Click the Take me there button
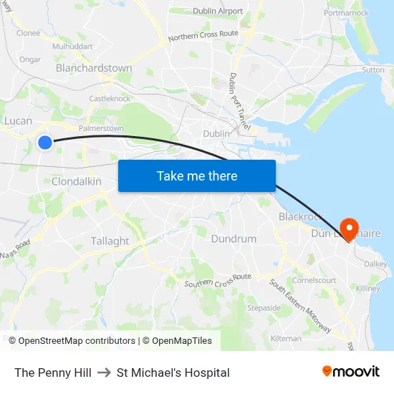click(196, 176)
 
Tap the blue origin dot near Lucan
click(45, 143)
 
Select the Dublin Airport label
click(218, 11)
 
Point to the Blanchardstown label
click(94, 68)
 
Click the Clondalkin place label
click(76, 182)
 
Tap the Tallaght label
click(110, 241)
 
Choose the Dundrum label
click(234, 239)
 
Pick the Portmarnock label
click(346, 13)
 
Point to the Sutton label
click(373, 70)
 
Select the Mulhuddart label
click(73, 46)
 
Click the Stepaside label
click(264, 308)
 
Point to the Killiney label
click(368, 289)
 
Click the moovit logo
click(350, 372)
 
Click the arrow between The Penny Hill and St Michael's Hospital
click(104, 373)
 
